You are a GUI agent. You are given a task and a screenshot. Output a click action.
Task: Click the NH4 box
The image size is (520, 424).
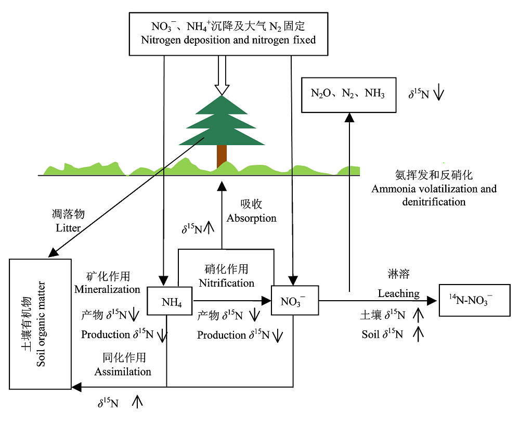coord(171,301)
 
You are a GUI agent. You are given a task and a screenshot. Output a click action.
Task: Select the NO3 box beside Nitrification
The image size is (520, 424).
coord(295,301)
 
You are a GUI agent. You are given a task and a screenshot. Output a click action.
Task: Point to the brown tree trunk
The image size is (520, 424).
coord(222,156)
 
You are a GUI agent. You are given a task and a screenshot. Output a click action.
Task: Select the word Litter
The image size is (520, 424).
coord(68,227)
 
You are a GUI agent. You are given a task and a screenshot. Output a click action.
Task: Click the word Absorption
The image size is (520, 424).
coord(252,218)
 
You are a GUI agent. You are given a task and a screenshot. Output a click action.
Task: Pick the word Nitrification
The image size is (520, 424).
coord(227,284)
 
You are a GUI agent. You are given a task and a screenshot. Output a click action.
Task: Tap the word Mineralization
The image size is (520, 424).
coord(107,289)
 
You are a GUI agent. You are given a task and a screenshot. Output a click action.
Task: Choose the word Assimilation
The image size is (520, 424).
coord(123,371)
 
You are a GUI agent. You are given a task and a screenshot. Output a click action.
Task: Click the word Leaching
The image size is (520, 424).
coord(398,293)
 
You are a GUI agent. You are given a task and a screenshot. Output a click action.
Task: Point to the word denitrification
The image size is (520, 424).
coord(434,201)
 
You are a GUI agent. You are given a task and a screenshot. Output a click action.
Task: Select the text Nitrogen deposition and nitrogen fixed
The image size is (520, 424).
coord(228,39)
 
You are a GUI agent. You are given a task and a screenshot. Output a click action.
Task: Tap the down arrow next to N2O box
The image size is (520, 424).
coord(438,94)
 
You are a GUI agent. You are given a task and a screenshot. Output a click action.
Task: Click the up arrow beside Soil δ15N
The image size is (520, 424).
coord(418,334)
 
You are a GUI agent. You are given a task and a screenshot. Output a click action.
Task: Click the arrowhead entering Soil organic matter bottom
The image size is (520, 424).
coord(76,387)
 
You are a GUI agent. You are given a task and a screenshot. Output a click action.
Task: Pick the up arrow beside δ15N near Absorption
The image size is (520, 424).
coord(209,228)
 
